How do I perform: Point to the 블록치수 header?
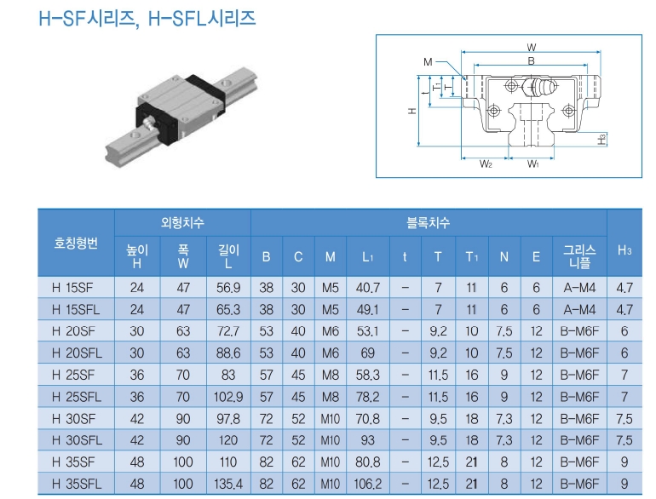click(428, 223)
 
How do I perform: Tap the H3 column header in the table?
click(624, 249)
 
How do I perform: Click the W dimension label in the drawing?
click(532, 47)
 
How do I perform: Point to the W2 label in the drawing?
click(485, 163)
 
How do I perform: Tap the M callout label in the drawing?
click(428, 62)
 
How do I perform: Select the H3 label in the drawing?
click(601, 138)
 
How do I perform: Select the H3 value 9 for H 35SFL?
click(624, 484)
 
